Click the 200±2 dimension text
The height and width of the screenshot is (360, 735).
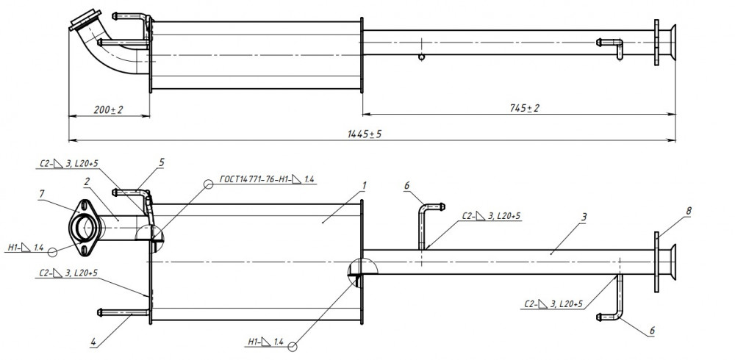108,109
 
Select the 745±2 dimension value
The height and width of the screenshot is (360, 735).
525,108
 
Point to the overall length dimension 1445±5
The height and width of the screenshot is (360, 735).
365,134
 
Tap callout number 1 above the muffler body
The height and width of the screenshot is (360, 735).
364,186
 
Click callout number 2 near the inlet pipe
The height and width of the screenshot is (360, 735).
87,183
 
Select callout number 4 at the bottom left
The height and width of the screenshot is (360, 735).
93,342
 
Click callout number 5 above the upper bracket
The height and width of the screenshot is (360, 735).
162,162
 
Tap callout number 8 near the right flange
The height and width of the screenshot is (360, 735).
688,211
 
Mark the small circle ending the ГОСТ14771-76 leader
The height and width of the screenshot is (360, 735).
209,184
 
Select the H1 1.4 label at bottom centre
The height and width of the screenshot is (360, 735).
265,342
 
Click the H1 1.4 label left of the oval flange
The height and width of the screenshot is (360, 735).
26,247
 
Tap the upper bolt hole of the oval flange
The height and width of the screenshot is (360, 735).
84,204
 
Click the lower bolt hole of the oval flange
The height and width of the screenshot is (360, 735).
84,251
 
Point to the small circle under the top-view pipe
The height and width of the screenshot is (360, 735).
421,57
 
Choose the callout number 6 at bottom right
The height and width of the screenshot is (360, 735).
651,331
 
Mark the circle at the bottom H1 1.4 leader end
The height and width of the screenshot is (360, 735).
293,347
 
